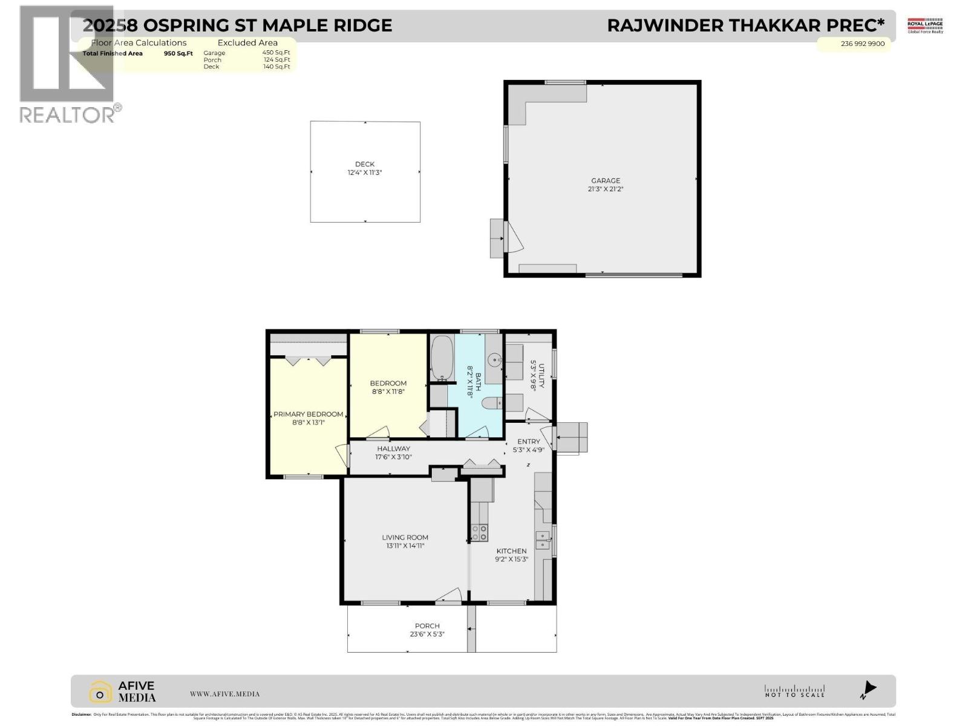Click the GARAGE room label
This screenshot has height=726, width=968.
tap(606, 180)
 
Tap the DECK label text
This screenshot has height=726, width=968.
tap(365, 164)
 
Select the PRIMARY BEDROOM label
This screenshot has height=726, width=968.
tap(308, 414)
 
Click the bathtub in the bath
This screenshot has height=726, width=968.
tap(442, 358)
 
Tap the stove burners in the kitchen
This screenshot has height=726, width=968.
tap(479, 532)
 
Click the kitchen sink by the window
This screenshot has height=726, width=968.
tap(542, 539)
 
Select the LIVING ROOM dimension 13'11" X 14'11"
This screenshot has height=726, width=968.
tap(405, 546)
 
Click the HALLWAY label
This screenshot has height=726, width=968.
tap(393, 448)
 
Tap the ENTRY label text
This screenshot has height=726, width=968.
tap(528, 442)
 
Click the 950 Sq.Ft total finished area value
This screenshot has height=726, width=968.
tap(178, 53)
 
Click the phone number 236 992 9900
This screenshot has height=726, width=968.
tap(862, 44)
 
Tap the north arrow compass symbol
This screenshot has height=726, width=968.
tap(869, 689)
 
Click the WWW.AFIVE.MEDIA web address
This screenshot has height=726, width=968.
tap(224, 694)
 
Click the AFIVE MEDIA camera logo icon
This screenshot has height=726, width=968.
tap(100, 692)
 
